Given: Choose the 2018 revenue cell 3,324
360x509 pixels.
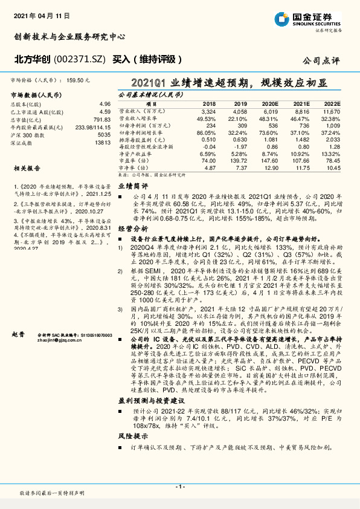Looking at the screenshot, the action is point(207,112).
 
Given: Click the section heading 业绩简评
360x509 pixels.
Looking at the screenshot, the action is point(132,187).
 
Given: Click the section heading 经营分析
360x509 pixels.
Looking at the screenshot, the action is point(132,230).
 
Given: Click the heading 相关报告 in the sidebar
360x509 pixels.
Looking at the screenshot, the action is point(26,171).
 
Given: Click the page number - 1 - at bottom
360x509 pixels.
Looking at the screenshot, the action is point(179,486).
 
